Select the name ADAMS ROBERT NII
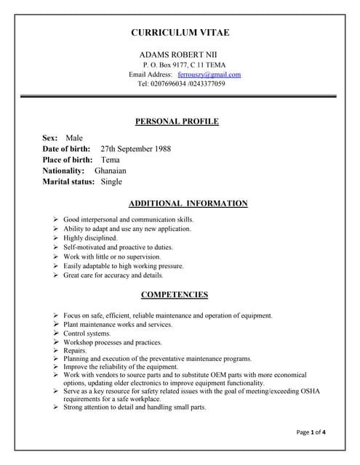tap(177, 54)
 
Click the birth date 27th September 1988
tap(135, 149)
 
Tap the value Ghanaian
tap(111, 171)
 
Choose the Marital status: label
tap(68, 182)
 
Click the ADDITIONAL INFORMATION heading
tap(188, 203)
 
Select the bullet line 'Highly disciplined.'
tap(90, 238)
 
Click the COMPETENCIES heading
tap(174, 294)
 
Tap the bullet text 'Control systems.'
tap(87, 333)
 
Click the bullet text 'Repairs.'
tap(75, 350)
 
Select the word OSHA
tap(310, 391)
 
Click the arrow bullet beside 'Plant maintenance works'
tap(55, 325)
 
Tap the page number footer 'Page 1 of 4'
tap(311, 432)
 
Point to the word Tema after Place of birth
tap(111, 160)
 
